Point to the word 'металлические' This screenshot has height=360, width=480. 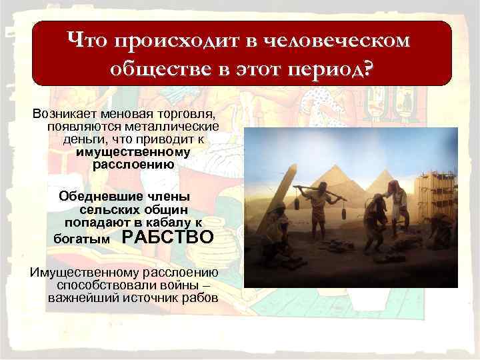point(159,126)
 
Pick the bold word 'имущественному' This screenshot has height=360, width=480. point(133,151)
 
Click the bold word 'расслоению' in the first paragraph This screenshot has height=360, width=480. point(133,164)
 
